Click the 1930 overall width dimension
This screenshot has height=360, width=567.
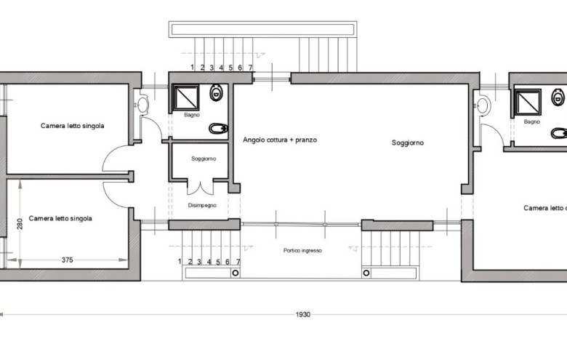[x=302, y=314]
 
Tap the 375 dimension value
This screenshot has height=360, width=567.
[x=68, y=260]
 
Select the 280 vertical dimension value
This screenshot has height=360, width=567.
[x=20, y=223]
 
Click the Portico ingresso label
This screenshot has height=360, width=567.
[x=302, y=250]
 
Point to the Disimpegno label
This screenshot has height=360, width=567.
[x=202, y=205]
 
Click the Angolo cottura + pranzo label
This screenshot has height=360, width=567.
[x=280, y=140]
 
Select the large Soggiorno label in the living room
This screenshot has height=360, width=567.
[x=408, y=143]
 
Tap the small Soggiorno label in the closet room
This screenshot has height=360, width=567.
[x=204, y=159]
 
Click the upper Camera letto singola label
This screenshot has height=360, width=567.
[x=72, y=126]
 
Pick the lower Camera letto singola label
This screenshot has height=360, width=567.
[x=60, y=218]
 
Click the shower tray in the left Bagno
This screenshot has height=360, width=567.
[x=185, y=97]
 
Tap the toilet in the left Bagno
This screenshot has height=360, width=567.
[x=216, y=92]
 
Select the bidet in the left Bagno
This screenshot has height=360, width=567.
[x=218, y=129]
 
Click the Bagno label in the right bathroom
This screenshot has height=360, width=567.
[x=532, y=121]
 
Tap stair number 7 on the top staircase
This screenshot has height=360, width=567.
[x=250, y=68]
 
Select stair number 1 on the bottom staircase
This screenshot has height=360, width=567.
[x=180, y=261]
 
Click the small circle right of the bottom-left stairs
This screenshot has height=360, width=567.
[x=236, y=273]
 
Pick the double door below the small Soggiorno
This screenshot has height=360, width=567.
[x=200, y=188]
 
